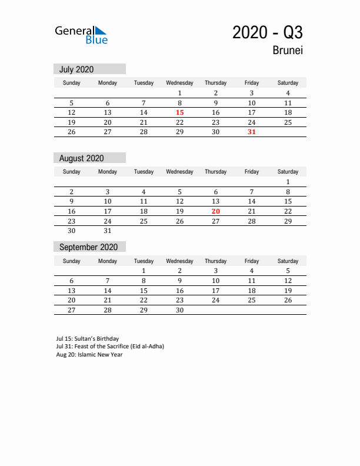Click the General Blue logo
(x=81, y=35)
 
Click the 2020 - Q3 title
(x=268, y=32)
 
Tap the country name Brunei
(x=288, y=51)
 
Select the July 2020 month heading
(x=76, y=69)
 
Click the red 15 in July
(x=180, y=112)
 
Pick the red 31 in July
(x=252, y=132)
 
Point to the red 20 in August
(x=216, y=211)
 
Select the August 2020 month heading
(x=81, y=158)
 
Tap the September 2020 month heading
(x=88, y=247)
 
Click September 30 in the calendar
(x=180, y=310)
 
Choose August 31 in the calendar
(x=108, y=231)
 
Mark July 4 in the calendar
(x=288, y=93)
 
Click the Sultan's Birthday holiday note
(x=88, y=339)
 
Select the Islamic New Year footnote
(x=89, y=354)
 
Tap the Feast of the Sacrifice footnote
(x=110, y=347)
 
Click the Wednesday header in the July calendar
(x=180, y=83)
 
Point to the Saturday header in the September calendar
(x=288, y=261)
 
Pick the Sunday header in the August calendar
(x=72, y=172)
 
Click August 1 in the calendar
(x=288, y=182)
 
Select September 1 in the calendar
(x=144, y=271)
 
